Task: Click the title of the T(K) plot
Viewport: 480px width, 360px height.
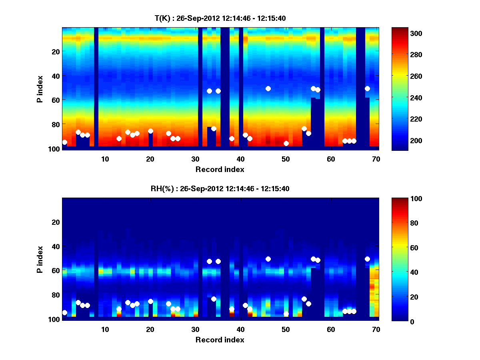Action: click(x=220, y=18)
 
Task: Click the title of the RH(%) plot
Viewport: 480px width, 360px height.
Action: click(x=220, y=188)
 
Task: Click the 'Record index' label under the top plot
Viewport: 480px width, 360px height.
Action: click(x=220, y=169)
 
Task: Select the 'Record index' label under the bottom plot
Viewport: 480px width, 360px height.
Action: click(x=220, y=340)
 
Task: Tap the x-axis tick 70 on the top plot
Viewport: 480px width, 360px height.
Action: click(x=376, y=159)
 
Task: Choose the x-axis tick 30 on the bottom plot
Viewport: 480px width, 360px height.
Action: click(x=195, y=329)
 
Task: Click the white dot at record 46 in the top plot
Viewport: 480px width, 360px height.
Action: click(x=268, y=88)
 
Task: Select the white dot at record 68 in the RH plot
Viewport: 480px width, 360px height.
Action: click(x=367, y=259)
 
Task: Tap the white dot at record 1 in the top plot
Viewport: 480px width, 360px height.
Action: click(x=64, y=142)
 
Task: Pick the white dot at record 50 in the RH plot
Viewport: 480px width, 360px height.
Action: click(x=286, y=314)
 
